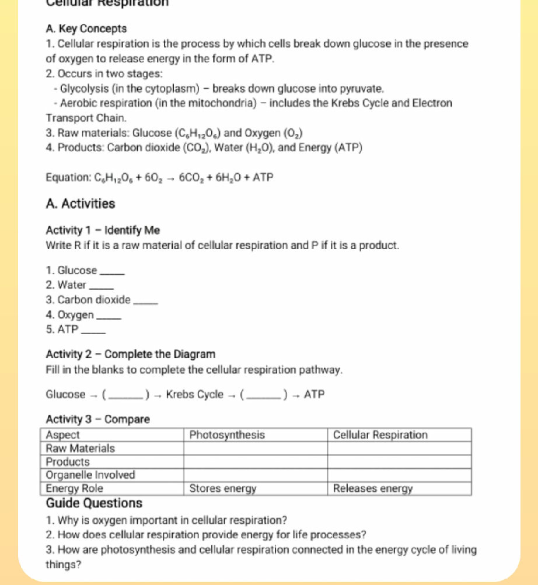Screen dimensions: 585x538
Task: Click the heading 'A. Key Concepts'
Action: click(x=86, y=29)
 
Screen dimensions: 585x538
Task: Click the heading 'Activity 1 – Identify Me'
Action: click(x=103, y=230)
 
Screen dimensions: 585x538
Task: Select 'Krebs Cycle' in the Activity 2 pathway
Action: click(x=195, y=394)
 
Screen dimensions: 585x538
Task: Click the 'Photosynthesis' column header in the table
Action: click(x=227, y=435)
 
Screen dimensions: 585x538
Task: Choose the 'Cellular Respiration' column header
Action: click(x=380, y=435)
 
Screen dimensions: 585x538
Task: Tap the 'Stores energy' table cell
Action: click(x=223, y=489)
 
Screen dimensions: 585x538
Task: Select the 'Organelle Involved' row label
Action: click(x=90, y=475)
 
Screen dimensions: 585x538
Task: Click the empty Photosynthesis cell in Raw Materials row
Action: click(x=256, y=449)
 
